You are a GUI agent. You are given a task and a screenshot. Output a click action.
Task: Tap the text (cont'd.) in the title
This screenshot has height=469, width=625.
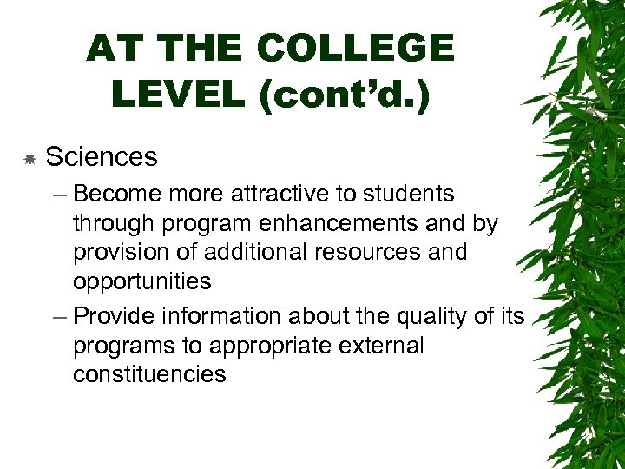[x=343, y=94]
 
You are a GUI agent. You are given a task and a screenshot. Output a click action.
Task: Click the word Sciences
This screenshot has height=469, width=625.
[x=101, y=157]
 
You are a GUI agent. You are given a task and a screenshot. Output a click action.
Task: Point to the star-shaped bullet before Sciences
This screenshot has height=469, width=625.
[x=30, y=159]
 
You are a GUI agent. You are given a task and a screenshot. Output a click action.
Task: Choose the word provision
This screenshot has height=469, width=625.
[x=122, y=253]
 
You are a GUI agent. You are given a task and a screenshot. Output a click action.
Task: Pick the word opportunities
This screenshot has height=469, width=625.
[x=141, y=282]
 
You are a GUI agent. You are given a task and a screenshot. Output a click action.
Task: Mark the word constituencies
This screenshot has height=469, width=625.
[x=149, y=375]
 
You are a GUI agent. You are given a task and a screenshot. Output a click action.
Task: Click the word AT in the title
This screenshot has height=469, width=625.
[x=114, y=50]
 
